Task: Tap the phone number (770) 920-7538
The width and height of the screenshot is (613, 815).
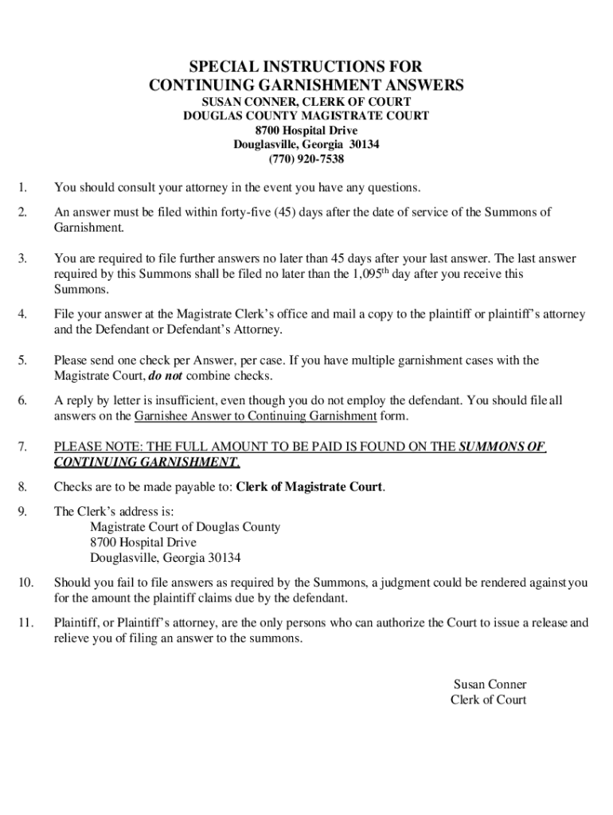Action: click(x=306, y=158)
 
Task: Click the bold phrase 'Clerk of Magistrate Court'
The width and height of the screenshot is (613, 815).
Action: click(x=310, y=487)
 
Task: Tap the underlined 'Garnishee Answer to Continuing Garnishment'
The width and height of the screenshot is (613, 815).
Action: click(x=256, y=415)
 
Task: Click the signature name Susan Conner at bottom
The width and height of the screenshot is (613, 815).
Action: click(x=490, y=684)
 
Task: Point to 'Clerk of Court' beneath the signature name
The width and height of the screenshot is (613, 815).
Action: click(x=488, y=700)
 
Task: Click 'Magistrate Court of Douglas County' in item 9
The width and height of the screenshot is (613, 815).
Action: click(x=185, y=527)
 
